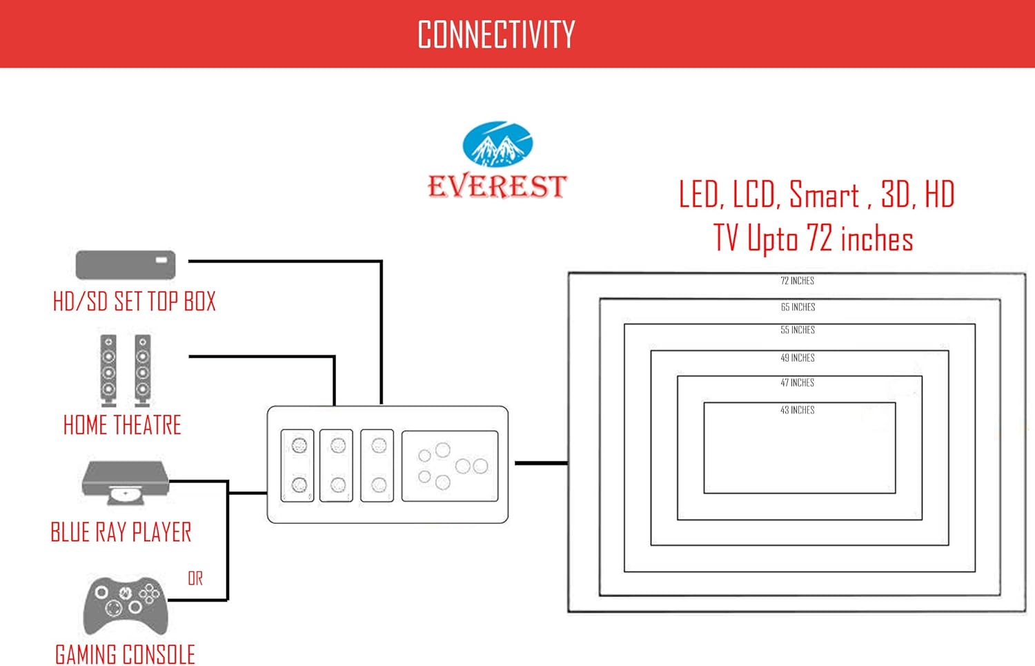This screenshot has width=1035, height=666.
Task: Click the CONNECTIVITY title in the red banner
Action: [x=496, y=35]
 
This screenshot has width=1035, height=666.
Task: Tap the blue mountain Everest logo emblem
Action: [x=497, y=144]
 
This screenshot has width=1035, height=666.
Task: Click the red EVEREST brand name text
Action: [x=497, y=186]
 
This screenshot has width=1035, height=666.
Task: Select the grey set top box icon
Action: [x=125, y=265]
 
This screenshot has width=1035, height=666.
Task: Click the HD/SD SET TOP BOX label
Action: [x=135, y=302]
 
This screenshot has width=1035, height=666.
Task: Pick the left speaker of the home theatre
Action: [x=108, y=370]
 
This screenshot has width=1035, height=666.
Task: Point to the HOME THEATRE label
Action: [x=122, y=425]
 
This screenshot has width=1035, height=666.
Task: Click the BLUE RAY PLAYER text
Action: [x=121, y=532]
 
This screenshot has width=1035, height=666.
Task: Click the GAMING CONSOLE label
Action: [x=125, y=654]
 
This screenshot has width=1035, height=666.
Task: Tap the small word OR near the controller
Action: [x=195, y=578]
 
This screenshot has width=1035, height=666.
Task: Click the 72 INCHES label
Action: [x=797, y=281]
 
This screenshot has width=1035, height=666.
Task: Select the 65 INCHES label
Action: [x=798, y=307]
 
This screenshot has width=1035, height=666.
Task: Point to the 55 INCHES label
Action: [x=798, y=330]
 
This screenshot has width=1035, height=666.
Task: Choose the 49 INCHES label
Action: [x=798, y=358]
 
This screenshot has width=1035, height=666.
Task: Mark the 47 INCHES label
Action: [x=797, y=382]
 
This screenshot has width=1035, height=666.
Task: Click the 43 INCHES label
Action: [x=797, y=410]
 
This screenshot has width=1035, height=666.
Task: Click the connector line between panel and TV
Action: [x=541, y=463]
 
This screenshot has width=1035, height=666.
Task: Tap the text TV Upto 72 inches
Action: [x=813, y=239]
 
